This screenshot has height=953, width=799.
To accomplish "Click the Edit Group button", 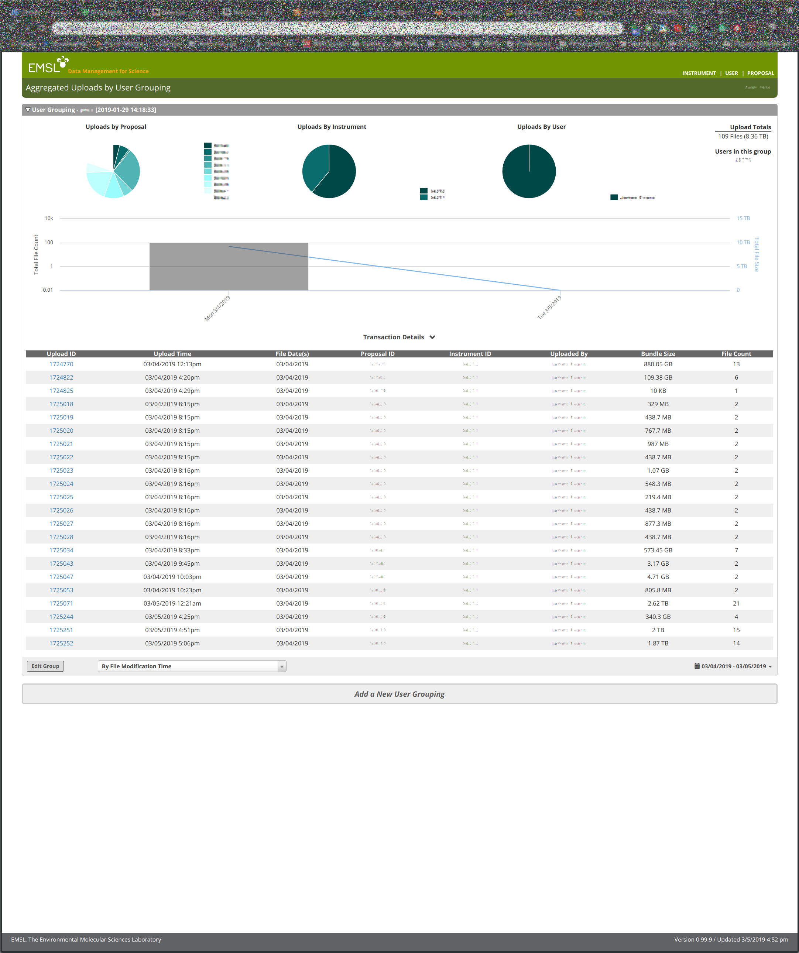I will pyautogui.click(x=45, y=666).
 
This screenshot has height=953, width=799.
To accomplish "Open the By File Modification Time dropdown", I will pyautogui.click(x=192, y=666).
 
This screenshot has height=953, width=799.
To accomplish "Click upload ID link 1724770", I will pyautogui.click(x=61, y=364).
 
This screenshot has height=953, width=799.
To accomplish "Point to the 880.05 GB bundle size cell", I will pyautogui.click(x=658, y=364).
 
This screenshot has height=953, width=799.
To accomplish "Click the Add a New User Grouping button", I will pyautogui.click(x=399, y=694).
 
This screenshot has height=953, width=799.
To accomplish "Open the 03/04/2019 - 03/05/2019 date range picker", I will pyautogui.click(x=733, y=666).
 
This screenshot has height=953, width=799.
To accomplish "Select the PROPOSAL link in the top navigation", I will pyautogui.click(x=761, y=73).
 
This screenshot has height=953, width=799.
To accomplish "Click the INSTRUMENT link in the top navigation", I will pyautogui.click(x=699, y=73).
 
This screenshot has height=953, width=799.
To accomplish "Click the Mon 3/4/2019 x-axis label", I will pyautogui.click(x=217, y=308).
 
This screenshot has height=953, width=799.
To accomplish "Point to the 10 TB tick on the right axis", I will pyautogui.click(x=743, y=242).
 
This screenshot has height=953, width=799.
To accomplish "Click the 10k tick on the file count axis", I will pyautogui.click(x=48, y=218).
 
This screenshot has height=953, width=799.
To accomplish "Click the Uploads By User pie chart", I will pyautogui.click(x=529, y=171).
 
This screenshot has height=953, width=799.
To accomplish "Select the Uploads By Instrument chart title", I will pyautogui.click(x=332, y=127).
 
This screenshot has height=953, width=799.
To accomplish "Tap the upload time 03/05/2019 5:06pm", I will pyautogui.click(x=172, y=644).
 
